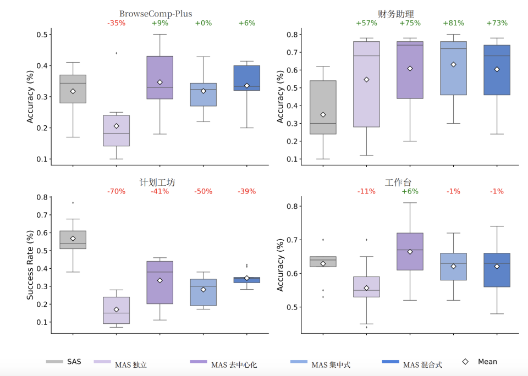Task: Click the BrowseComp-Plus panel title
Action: pyautogui.click(x=156, y=14)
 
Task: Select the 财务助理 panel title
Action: pyautogui.click(x=395, y=14)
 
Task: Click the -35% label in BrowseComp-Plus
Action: pyautogui.click(x=116, y=23)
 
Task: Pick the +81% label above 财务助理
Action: pyautogui.click(x=453, y=23)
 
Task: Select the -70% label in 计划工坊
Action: pyautogui.click(x=116, y=191)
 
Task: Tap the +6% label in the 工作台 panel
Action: pyautogui.click(x=410, y=191)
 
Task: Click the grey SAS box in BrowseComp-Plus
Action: pyautogui.click(x=73, y=89)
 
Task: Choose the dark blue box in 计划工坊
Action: pyautogui.click(x=247, y=280)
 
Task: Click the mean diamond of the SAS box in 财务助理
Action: pyautogui.click(x=323, y=114)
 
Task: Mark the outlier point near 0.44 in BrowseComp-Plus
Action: pyautogui.click(x=116, y=53)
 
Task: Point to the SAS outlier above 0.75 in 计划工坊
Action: pyautogui.click(x=73, y=203)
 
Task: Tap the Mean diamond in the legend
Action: pyautogui.click(x=465, y=362)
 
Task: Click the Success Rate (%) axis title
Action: pyautogui.click(x=31, y=265)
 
